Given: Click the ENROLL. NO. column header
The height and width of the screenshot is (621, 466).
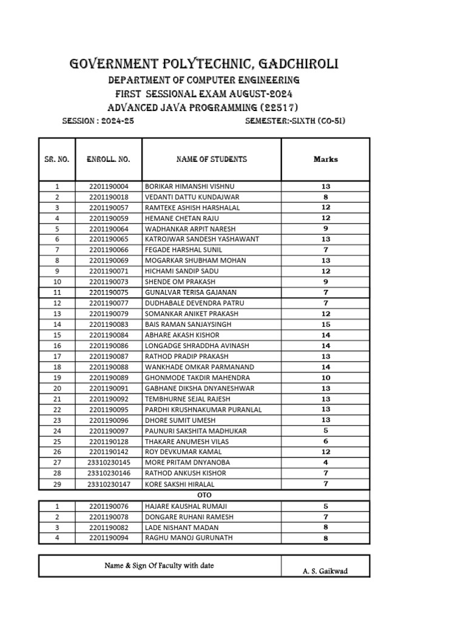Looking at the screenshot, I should pos(108,159).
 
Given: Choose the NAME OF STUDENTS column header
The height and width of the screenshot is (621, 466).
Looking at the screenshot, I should pos(211,159).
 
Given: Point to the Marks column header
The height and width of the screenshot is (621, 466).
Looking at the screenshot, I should pos(326,159).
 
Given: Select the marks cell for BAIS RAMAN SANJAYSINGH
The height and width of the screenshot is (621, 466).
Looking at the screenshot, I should pos(326,324).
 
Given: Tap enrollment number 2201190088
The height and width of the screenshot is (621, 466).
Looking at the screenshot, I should pos(109,367).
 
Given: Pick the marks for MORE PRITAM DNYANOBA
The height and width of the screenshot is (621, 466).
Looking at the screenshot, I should pos(326,463).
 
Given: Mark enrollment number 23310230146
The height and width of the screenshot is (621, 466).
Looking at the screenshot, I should pos(109,473).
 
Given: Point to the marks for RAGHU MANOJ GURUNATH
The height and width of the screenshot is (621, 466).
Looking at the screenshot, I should pos(326,538).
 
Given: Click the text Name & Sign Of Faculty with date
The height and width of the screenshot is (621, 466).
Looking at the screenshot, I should pos(160,566).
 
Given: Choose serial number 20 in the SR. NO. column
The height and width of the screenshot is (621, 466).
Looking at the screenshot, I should pos(57,388).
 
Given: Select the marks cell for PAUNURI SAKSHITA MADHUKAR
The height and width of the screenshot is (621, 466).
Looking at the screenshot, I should pos(326,431).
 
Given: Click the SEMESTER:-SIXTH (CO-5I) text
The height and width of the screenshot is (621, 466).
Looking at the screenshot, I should pos(295,121).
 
